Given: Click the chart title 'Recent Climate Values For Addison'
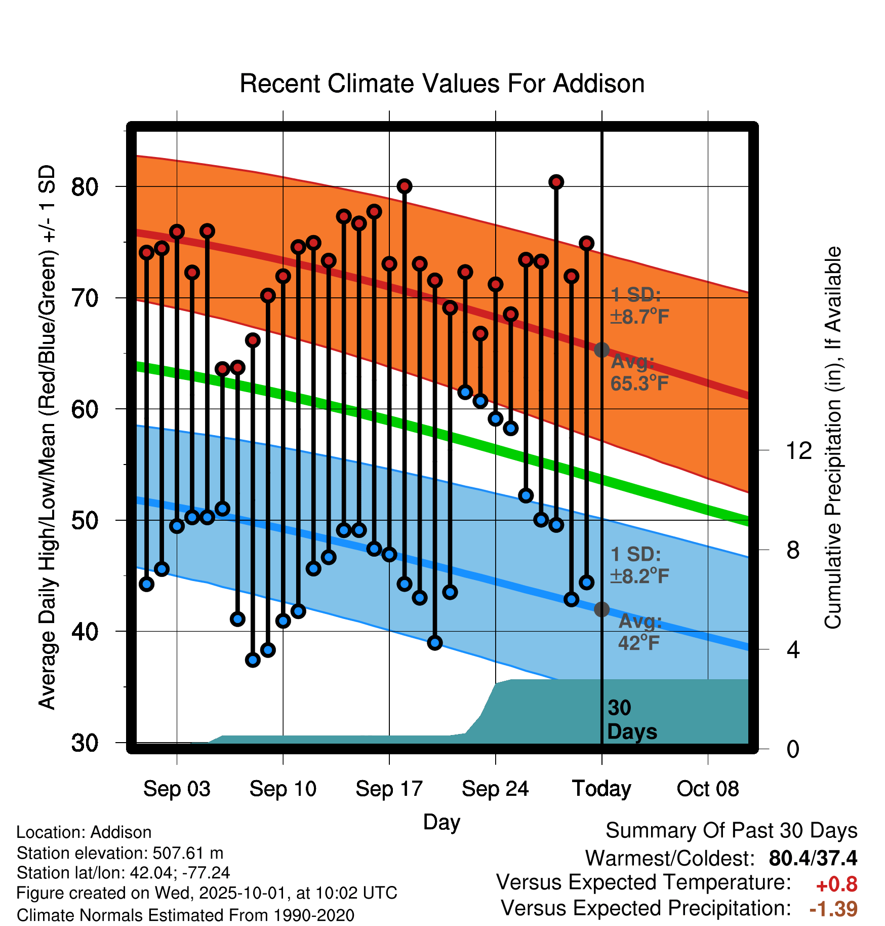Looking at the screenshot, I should [442, 84].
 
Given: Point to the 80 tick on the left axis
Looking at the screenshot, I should [85, 187].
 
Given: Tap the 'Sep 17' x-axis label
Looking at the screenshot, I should [389, 789].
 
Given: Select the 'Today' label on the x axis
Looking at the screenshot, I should [601, 789].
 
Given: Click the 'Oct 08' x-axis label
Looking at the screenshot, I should [708, 789].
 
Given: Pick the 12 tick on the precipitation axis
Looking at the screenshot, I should [798, 450].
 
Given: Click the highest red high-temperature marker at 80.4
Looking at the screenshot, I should [556, 182].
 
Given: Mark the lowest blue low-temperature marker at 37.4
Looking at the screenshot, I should [253, 660].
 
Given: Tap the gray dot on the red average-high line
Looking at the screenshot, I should [601, 350].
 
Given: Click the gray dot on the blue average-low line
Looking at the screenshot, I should [601, 609].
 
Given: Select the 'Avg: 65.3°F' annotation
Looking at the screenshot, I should [639, 373].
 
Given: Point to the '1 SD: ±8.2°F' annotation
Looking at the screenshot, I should [639, 565].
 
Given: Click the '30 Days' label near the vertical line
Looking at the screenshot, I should [631, 720].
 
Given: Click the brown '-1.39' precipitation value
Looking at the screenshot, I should [833, 909].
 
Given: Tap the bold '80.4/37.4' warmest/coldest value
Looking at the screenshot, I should [813, 858].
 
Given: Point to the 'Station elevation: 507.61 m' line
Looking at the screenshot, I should [120, 853].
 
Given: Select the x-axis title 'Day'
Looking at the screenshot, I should [441, 822].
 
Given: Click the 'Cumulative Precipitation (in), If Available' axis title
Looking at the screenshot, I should [833, 438].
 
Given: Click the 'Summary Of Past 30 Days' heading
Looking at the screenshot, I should [731, 831].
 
